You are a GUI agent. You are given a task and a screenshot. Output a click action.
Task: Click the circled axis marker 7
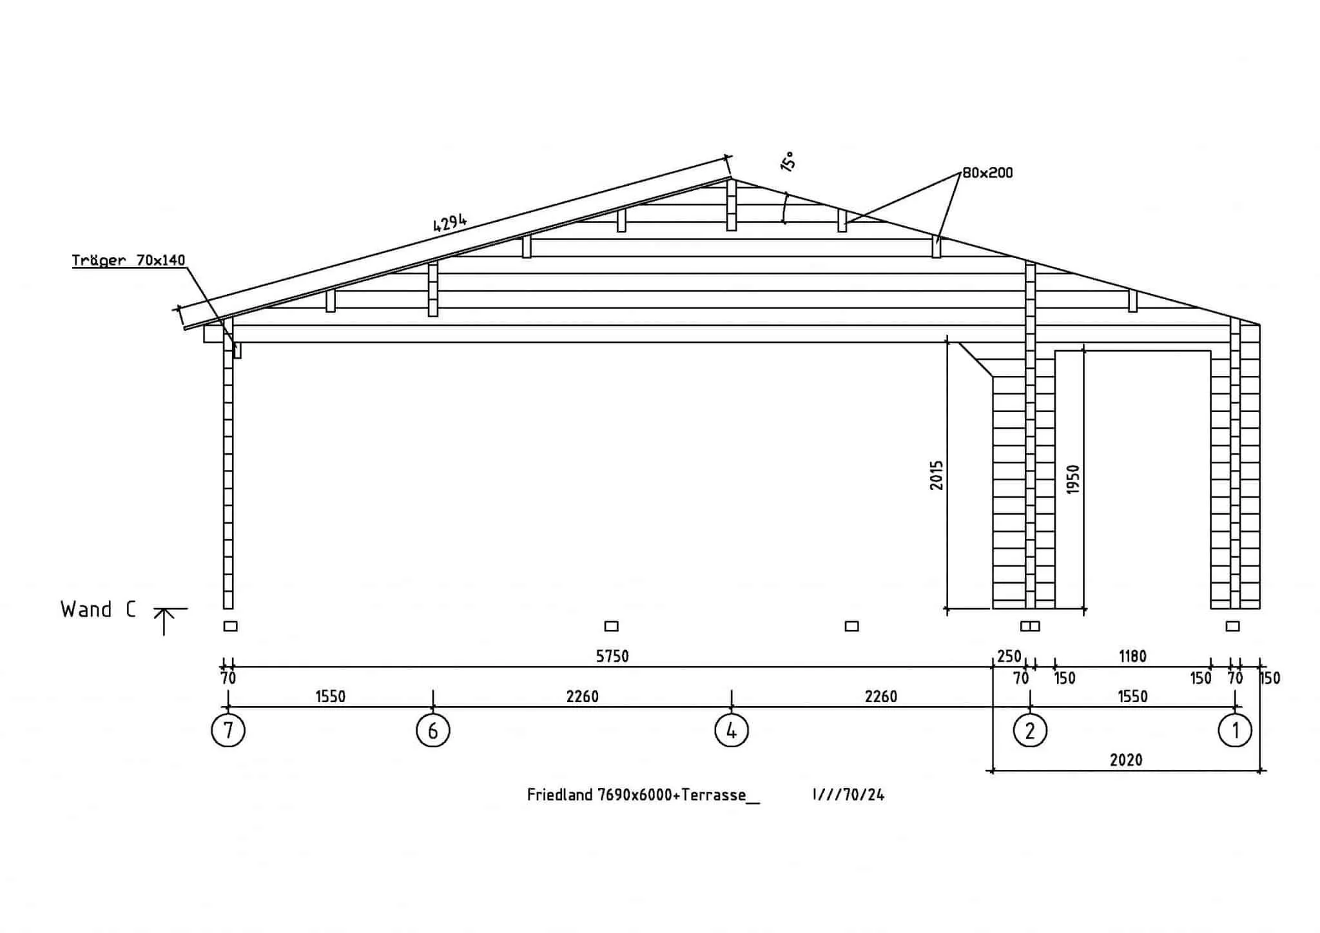pyautogui.click(x=228, y=731)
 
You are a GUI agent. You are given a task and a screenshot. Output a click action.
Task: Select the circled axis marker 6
pyautogui.click(x=433, y=731)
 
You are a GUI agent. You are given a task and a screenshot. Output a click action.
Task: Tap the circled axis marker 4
pyautogui.click(x=732, y=731)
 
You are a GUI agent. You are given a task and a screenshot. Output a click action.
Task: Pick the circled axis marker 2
pyautogui.click(x=1030, y=731)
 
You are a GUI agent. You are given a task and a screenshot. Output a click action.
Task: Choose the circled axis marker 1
pyautogui.click(x=1235, y=731)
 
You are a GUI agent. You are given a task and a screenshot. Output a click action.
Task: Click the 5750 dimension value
pyautogui.click(x=612, y=656)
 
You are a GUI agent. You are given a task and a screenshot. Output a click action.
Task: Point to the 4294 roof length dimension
pyautogui.click(x=450, y=222)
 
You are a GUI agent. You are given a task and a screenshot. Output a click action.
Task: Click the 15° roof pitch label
pyautogui.click(x=788, y=161)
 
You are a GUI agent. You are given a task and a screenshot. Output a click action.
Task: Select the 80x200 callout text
pyautogui.click(x=987, y=173)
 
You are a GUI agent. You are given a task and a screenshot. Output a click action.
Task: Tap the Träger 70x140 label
pyautogui.click(x=129, y=260)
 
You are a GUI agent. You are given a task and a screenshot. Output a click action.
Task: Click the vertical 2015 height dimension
pyautogui.click(x=937, y=475)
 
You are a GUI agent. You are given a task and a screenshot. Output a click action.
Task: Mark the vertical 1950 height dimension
pyautogui.click(x=1072, y=480)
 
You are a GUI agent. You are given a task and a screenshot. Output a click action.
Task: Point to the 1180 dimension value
pyautogui.click(x=1132, y=656)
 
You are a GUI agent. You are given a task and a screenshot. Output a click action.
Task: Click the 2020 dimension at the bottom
pyautogui.click(x=1126, y=760)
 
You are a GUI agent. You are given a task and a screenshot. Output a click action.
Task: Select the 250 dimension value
pyautogui.click(x=1009, y=656)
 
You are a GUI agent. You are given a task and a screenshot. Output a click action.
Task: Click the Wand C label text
pyautogui.click(x=98, y=610)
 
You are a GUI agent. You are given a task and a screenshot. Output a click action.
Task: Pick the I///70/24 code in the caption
pyautogui.click(x=849, y=795)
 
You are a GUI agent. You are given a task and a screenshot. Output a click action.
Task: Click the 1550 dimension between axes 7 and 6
pyautogui.click(x=331, y=696)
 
